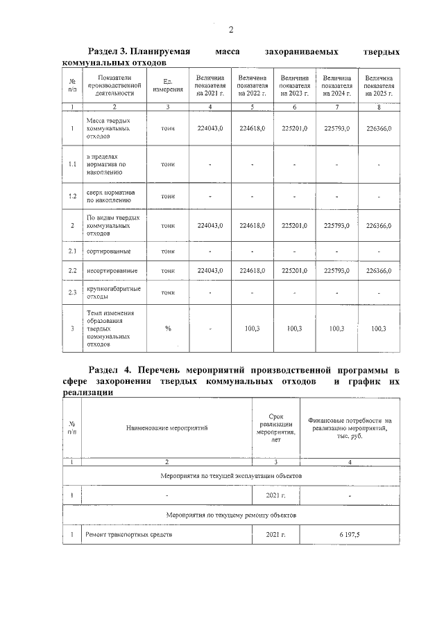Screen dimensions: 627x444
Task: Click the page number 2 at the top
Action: click(x=230, y=29)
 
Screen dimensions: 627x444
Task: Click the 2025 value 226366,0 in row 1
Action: click(x=379, y=128)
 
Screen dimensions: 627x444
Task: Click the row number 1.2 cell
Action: click(x=72, y=196)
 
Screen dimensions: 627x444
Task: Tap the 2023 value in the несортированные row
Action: click(x=294, y=270)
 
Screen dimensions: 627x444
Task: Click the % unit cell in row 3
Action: click(x=168, y=328)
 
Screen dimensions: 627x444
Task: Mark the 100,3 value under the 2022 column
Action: click(x=253, y=328)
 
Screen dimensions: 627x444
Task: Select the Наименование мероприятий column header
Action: click(x=166, y=427)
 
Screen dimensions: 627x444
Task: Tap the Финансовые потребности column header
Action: click(x=350, y=427)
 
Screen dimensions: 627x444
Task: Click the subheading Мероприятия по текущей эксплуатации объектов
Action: click(x=231, y=476)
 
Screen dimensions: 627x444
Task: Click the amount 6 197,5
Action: click(x=350, y=535)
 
